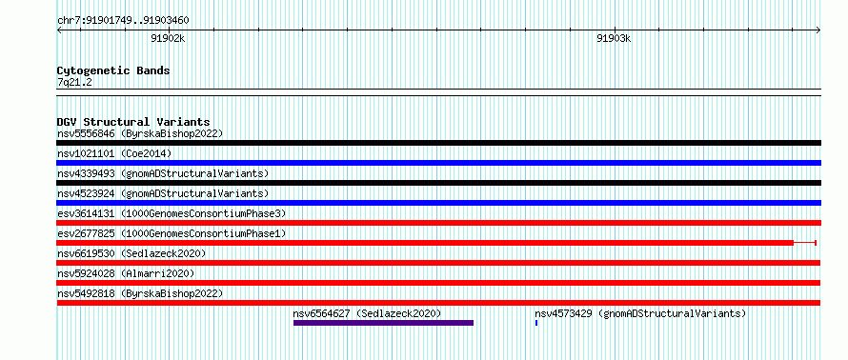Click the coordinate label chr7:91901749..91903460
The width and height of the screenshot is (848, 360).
tap(123, 21)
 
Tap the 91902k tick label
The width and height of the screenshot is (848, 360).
tap(169, 38)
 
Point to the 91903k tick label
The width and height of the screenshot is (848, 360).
tap(614, 38)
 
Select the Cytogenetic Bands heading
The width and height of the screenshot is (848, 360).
tap(113, 70)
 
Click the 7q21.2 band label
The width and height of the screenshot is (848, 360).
tap(74, 83)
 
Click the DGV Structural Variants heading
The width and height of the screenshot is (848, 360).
tap(133, 122)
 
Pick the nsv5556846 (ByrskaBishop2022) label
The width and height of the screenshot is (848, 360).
tap(140, 133)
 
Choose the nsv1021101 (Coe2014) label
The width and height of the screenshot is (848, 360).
tap(114, 153)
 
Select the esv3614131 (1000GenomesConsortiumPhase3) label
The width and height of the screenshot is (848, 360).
tap(172, 213)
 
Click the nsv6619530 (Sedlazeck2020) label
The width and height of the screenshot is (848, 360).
tap(131, 253)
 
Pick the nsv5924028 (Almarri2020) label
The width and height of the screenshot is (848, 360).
tap(126, 273)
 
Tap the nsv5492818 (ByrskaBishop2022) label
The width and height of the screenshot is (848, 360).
tap(140, 293)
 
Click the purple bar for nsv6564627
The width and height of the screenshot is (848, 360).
tap(383, 323)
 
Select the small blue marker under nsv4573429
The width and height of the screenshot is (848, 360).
tap(535, 323)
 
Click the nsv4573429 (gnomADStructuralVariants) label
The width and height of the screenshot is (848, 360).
tap(640, 313)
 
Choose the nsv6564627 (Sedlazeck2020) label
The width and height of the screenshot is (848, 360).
tap(367, 313)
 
